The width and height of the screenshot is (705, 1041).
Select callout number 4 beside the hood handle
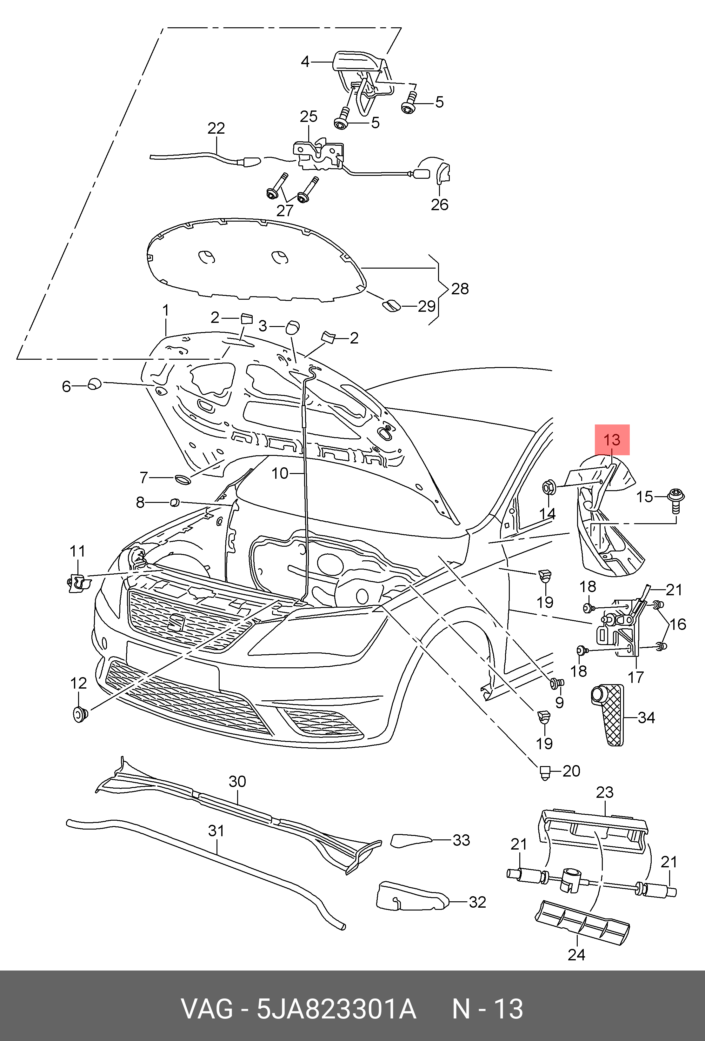click(305, 61)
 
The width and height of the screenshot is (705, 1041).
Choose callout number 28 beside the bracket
click(460, 289)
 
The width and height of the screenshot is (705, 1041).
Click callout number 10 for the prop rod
click(280, 473)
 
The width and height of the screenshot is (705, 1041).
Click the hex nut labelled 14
click(549, 487)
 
